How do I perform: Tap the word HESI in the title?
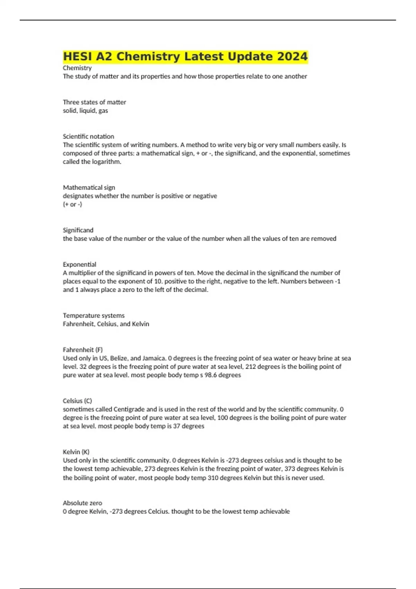point(78,56)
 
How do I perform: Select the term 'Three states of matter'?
point(94,102)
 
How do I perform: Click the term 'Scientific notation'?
point(88,137)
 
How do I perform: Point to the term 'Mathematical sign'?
point(89,187)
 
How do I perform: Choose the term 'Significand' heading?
point(78,230)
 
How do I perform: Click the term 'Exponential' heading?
point(79,264)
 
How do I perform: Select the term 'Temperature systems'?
point(94,316)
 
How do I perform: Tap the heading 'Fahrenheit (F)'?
point(83,350)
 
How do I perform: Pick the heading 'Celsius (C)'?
point(77,401)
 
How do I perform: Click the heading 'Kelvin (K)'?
point(76,452)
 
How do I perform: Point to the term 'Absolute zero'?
point(83,503)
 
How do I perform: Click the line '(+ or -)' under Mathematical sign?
point(72,204)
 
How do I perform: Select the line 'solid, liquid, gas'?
point(85,111)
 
